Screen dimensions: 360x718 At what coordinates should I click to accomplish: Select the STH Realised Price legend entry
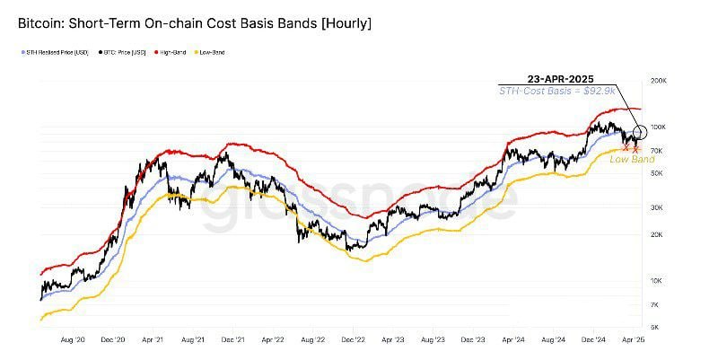56,53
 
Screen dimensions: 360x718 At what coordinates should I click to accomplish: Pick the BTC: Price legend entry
124,53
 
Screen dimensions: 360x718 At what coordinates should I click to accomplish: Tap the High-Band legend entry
176,53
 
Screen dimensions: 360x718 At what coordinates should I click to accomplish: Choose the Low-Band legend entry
212,53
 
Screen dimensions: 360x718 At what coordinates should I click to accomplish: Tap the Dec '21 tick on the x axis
235,341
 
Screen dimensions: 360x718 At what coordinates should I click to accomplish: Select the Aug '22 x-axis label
313,341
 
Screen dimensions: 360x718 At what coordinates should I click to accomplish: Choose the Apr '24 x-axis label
513,341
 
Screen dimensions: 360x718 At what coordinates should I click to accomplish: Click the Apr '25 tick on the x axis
634,341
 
